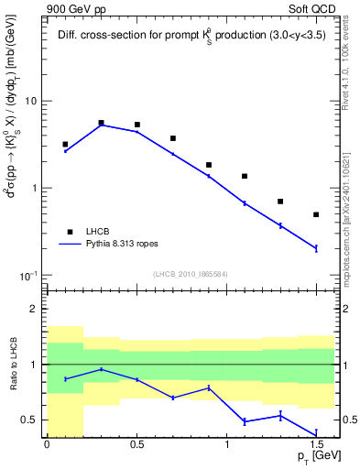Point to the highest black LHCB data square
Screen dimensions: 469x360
(x=101, y=122)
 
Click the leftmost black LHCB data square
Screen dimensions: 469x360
(x=65, y=144)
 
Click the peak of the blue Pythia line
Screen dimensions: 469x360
(x=101, y=125)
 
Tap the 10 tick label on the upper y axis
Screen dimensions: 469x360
(x=29, y=101)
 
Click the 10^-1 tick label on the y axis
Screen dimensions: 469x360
(x=27, y=276)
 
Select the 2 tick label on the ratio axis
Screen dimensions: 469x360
(x=34, y=310)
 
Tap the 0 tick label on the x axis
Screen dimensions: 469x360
(x=47, y=444)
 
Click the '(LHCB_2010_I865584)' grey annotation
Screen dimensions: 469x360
(x=190, y=275)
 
